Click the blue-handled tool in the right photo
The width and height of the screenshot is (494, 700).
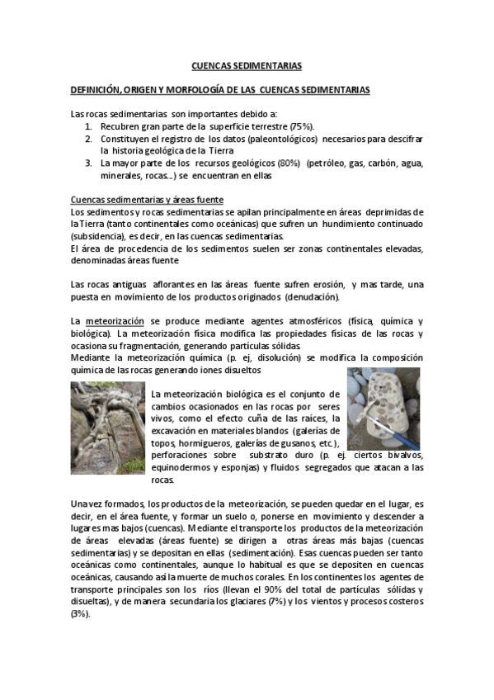379,429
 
